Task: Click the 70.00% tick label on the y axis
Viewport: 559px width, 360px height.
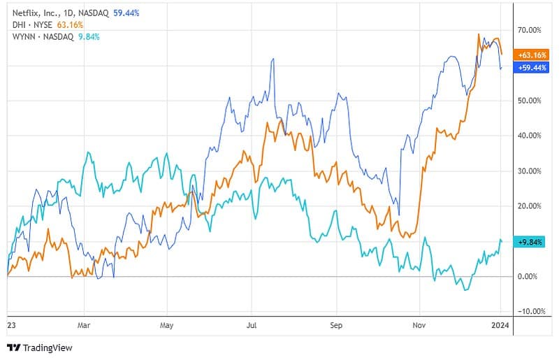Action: click(529, 30)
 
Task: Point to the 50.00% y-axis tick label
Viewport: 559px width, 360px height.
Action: click(529, 101)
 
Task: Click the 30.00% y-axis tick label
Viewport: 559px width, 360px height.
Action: click(529, 171)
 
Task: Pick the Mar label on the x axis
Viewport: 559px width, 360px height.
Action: click(84, 325)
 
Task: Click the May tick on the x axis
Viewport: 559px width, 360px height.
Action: click(166, 325)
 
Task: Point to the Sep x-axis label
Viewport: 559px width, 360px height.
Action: click(336, 325)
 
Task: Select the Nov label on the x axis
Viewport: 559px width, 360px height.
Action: click(419, 325)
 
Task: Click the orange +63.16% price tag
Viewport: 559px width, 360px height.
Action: click(529, 55)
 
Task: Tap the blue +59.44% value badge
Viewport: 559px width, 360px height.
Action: click(529, 67)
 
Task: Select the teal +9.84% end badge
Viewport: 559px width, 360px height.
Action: click(530, 242)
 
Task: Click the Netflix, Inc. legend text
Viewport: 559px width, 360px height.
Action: click(33, 12)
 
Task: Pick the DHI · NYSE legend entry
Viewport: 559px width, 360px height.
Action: click(27, 24)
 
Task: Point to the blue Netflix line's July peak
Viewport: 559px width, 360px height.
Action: click(272, 59)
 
